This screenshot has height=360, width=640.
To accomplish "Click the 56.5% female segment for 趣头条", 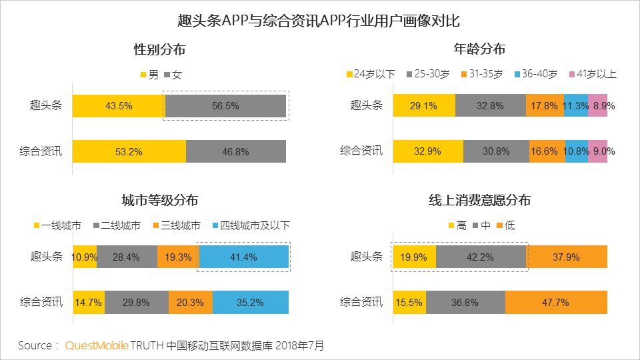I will [x=225, y=106].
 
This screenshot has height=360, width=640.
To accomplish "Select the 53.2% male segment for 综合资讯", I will [x=129, y=151].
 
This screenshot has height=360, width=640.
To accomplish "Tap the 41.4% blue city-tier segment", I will [x=243, y=257].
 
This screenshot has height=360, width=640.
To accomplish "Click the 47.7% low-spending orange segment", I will [x=556, y=302].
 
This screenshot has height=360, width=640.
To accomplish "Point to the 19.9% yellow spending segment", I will [x=414, y=257].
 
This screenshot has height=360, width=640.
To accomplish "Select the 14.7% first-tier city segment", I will [x=88, y=302].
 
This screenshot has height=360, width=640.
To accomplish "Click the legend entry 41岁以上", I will [x=591, y=74].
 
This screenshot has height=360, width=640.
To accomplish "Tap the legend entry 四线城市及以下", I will [x=255, y=225].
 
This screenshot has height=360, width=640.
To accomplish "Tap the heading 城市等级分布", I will [x=159, y=201].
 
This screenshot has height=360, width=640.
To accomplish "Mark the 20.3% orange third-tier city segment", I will [x=190, y=302].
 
